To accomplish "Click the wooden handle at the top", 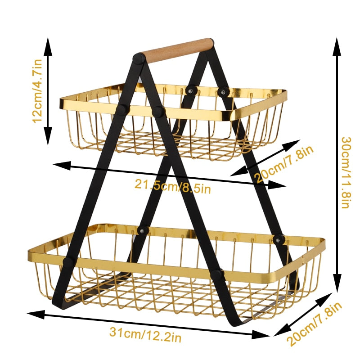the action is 176,50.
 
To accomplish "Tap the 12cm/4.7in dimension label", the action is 37,91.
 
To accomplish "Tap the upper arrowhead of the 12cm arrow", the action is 48,47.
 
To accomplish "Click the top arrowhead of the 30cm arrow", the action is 337,47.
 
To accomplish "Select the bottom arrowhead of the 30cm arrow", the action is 337,283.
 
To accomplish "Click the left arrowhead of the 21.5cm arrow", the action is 62,166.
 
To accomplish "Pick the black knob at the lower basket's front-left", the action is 68,263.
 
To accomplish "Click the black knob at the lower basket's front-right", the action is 217,275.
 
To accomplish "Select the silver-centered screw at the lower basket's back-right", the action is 279,240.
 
